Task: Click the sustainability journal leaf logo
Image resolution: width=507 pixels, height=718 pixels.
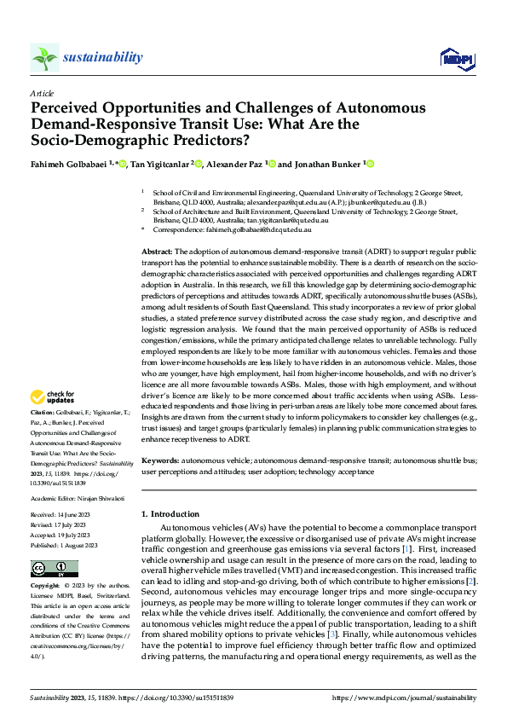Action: (45, 57)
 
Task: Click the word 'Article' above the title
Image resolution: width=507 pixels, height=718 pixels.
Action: (41, 92)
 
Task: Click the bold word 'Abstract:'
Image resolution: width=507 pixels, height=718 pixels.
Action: (157, 253)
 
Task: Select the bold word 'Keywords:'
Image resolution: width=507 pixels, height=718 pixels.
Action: (159, 460)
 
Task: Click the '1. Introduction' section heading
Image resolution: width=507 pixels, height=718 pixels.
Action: (170, 514)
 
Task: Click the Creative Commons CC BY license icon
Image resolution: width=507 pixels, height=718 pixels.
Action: (50, 569)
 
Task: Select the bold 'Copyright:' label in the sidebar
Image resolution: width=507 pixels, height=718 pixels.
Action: (45, 587)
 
